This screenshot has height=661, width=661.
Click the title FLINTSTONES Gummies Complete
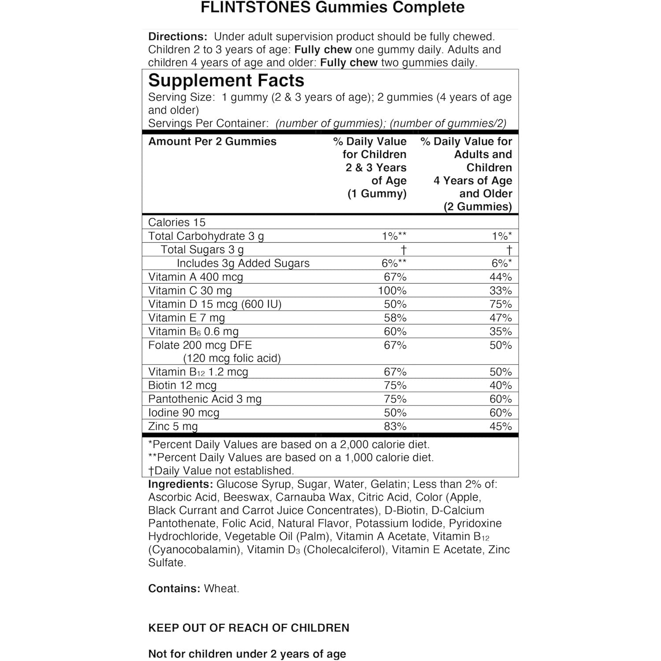click(332, 8)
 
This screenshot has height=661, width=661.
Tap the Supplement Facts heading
click(226, 81)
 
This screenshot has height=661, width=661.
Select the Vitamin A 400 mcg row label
click(195, 277)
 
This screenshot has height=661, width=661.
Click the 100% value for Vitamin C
click(392, 291)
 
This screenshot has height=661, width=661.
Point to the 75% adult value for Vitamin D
click(501, 305)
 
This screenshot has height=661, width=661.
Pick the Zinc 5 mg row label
click(173, 427)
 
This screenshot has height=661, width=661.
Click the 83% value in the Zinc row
click(395, 427)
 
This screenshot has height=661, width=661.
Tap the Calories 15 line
click(177, 223)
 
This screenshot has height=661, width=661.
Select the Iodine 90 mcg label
click(183, 413)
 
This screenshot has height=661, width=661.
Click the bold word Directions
click(178, 37)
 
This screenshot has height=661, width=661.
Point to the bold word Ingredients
click(181, 484)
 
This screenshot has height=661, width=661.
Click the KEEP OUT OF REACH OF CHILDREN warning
click(249, 628)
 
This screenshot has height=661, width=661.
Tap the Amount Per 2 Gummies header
click(212, 141)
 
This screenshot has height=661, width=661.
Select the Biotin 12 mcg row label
click(182, 386)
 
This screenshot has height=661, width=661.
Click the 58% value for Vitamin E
click(395, 318)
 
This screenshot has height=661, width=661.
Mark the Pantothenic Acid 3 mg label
click(205, 399)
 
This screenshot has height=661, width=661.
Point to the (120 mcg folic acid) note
click(232, 358)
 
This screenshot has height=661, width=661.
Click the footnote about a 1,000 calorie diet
click(291, 458)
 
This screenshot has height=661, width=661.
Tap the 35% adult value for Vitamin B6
click(501, 332)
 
